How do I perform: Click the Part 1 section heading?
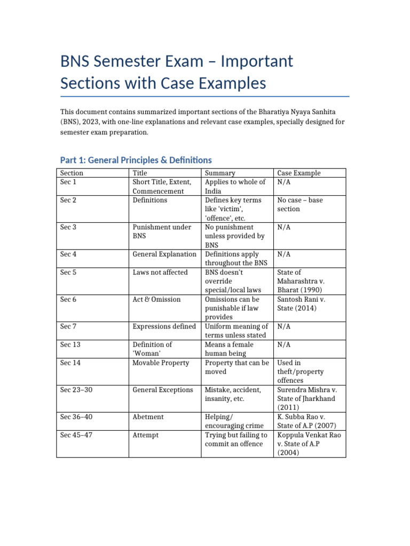pyautogui.click(x=136, y=160)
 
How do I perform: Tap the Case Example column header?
pyautogui.click(x=299, y=173)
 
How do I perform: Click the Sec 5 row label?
pyautogui.click(x=68, y=272)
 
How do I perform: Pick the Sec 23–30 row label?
pyautogui.click(x=75, y=390)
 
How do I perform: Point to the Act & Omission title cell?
pyautogui.click(x=157, y=300)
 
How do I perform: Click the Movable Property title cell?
pyautogui.click(x=161, y=363)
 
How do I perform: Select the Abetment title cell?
pyautogui.click(x=148, y=417)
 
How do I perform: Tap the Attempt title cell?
pyautogui.click(x=145, y=435)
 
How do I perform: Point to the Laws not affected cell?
pyautogui.click(x=160, y=272)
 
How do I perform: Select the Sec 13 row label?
pyautogui.click(x=70, y=344)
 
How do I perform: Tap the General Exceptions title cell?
pyautogui.click(x=163, y=390)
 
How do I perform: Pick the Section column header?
pyautogui.click(x=72, y=173)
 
